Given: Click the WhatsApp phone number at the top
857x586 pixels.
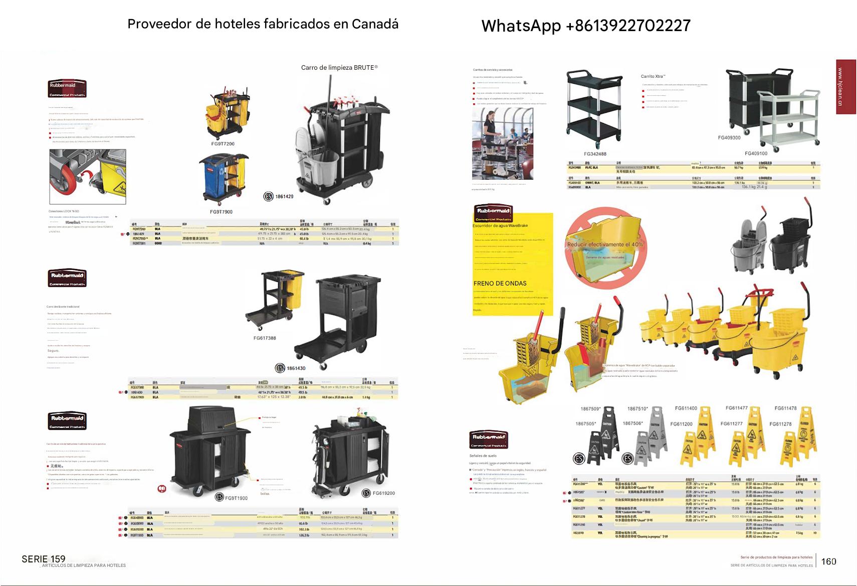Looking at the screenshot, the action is coord(586,26).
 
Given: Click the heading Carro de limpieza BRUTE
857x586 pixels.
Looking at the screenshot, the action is coord(339,67).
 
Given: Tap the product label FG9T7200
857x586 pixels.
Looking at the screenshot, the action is coord(223,144).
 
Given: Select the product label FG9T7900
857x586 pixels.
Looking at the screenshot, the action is coord(221,212).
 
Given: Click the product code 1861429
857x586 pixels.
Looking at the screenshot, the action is coord(284,196).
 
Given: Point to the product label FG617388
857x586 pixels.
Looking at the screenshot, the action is coord(265,338).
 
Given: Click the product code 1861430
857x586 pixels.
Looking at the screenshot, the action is coord(296,368).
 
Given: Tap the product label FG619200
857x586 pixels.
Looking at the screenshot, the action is coord(383,493).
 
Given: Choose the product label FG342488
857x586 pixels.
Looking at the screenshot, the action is coord(595,154).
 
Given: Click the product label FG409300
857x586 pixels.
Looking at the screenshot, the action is coord(729,137).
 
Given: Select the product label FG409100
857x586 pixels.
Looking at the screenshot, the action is coord(756,154).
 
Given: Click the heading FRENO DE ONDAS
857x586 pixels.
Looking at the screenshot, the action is coord(500,283).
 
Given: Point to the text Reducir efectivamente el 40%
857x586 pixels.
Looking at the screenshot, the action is coord(605,244).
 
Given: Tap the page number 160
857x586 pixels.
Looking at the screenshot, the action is coord(828,561).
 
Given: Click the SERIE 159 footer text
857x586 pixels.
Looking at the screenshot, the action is coord(44,559).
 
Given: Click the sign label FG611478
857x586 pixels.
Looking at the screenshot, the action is coord(785,408).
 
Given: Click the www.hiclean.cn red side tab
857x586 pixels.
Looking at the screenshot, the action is coord(846,86).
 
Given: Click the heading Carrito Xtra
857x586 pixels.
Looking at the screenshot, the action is coord(653,76).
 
